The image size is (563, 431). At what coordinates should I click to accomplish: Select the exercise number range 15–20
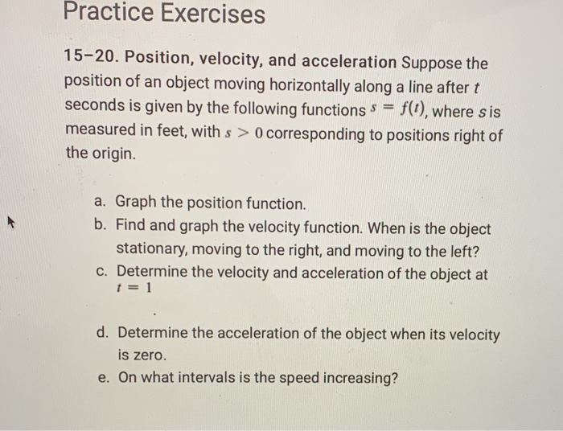[x=90, y=61]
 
